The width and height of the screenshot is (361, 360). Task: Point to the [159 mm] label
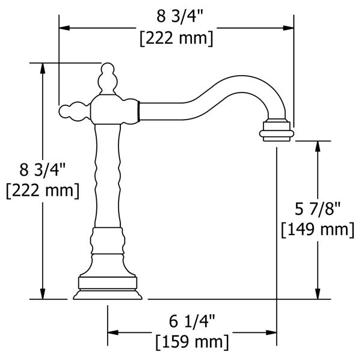point(192,343)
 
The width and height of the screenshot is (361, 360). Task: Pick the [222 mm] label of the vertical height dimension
point(42,192)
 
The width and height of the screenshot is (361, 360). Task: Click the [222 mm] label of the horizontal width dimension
point(176,38)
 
